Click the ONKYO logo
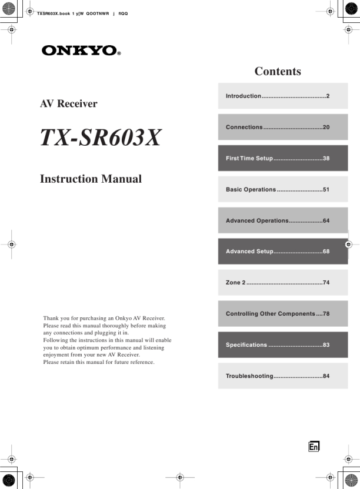point(81,51)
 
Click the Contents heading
point(278,72)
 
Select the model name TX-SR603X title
point(100,138)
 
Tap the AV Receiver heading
point(68,104)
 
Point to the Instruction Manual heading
point(91,179)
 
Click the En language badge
point(314,447)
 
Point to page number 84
point(326,376)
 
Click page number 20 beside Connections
point(326,127)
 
